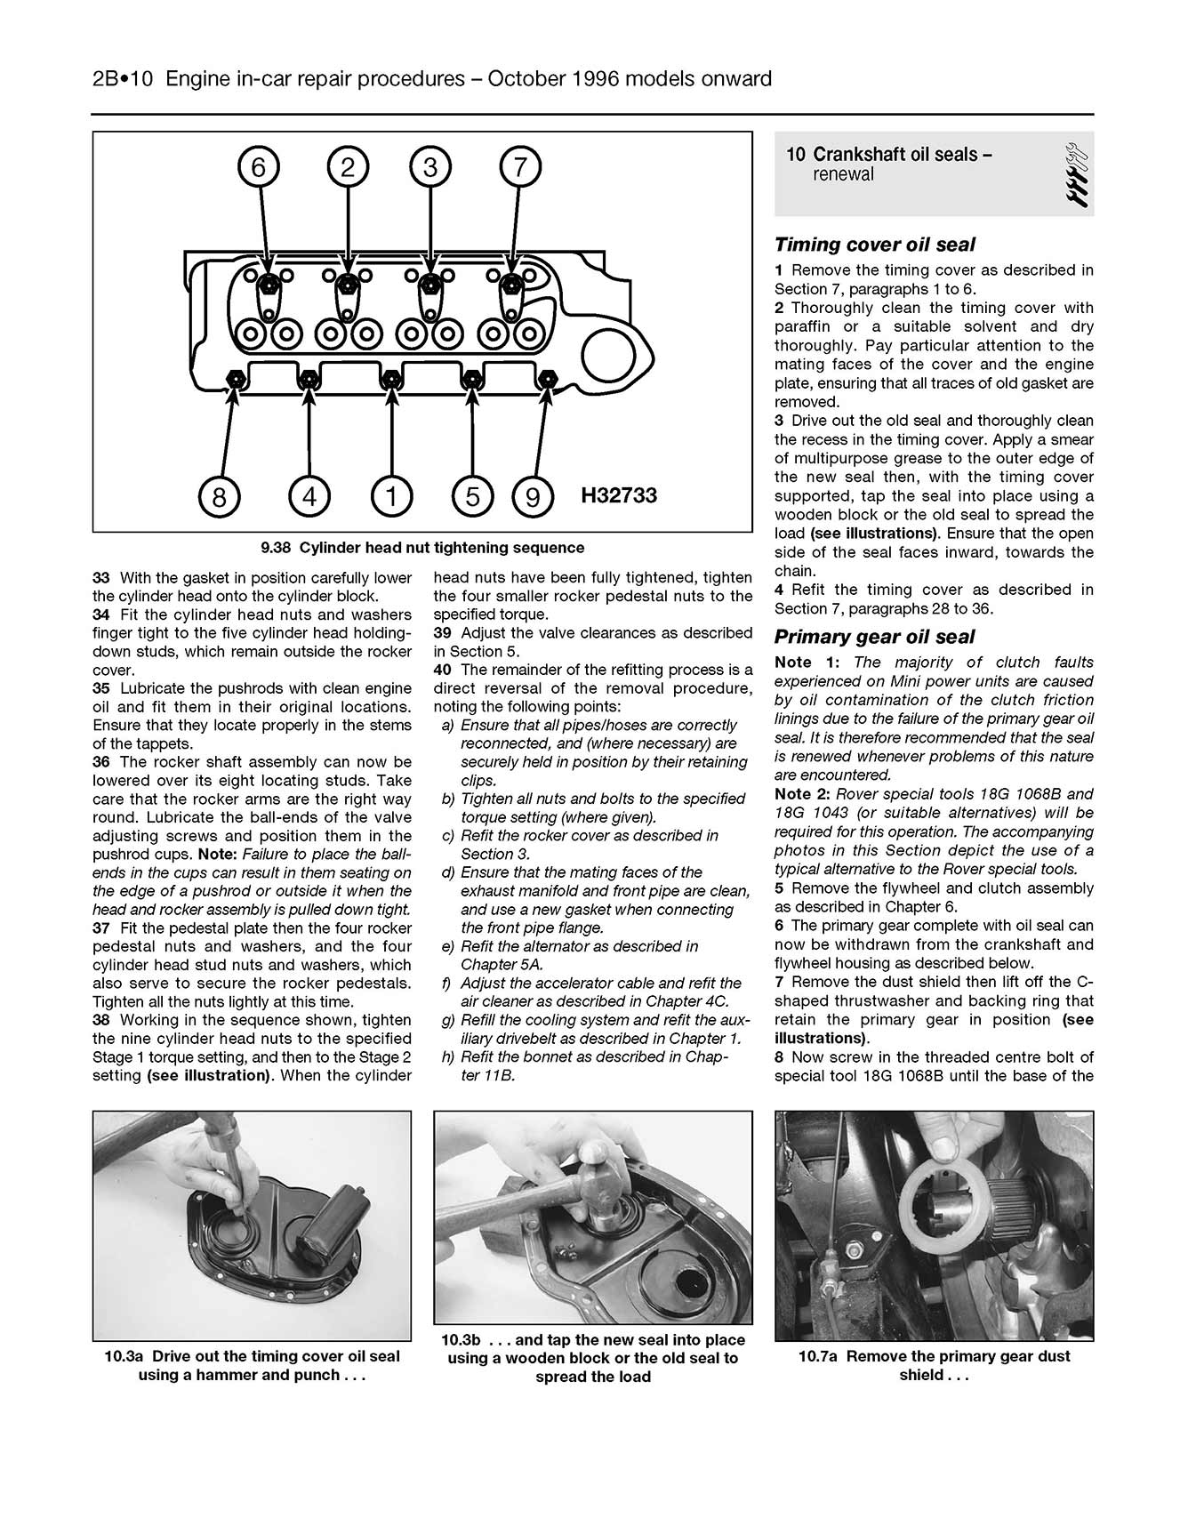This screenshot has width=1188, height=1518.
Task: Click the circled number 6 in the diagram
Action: click(258, 167)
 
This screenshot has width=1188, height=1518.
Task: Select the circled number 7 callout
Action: click(520, 167)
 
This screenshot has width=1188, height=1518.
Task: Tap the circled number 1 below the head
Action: click(390, 495)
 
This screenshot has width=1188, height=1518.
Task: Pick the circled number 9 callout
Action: click(532, 495)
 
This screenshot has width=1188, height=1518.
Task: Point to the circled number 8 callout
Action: click(219, 495)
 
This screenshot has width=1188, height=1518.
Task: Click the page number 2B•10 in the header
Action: click(124, 79)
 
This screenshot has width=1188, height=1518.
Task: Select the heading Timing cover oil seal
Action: click(874, 245)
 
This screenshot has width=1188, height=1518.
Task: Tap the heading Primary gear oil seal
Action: click(874, 637)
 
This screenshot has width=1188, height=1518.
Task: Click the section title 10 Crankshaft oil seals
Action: click(889, 155)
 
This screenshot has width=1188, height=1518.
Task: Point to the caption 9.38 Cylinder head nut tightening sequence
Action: click(422, 548)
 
